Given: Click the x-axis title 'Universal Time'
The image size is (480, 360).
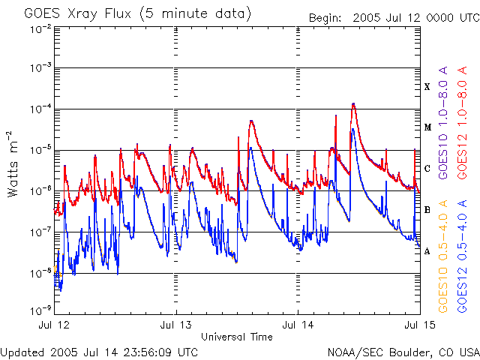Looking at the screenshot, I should click(x=237, y=337).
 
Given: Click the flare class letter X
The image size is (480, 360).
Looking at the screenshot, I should click(x=427, y=87).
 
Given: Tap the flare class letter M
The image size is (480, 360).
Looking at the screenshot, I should click(x=427, y=127).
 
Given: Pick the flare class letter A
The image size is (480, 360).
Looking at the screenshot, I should click(x=427, y=250).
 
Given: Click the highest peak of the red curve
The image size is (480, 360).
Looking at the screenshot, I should click(x=353, y=104).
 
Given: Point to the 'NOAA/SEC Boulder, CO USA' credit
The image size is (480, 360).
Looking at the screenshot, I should click(x=403, y=352).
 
